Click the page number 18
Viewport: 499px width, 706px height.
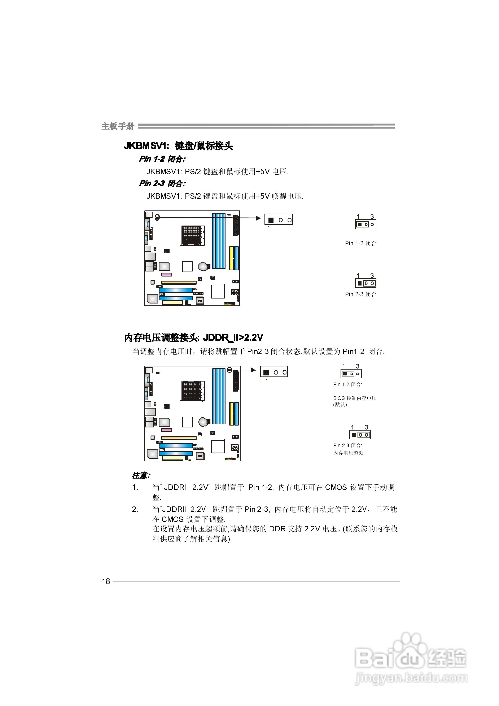click(x=106, y=581)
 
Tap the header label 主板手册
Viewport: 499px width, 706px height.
click(x=118, y=126)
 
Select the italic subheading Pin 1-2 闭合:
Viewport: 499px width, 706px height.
click(x=162, y=159)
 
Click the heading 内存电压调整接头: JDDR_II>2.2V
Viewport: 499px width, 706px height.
click(x=194, y=338)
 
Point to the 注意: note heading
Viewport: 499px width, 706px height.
click(x=141, y=475)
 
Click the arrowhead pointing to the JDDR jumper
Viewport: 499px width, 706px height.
click(x=254, y=370)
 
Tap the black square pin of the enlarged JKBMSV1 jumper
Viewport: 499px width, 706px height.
click(x=271, y=220)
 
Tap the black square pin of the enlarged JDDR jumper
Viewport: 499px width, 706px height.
click(x=266, y=372)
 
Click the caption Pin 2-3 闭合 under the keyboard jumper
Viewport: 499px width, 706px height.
click(x=360, y=294)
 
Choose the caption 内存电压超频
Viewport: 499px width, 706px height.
click(x=348, y=453)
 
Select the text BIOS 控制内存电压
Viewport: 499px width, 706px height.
click(x=354, y=398)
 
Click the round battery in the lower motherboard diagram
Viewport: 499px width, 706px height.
click(x=203, y=422)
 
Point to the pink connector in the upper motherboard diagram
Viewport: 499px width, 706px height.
click(x=167, y=274)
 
